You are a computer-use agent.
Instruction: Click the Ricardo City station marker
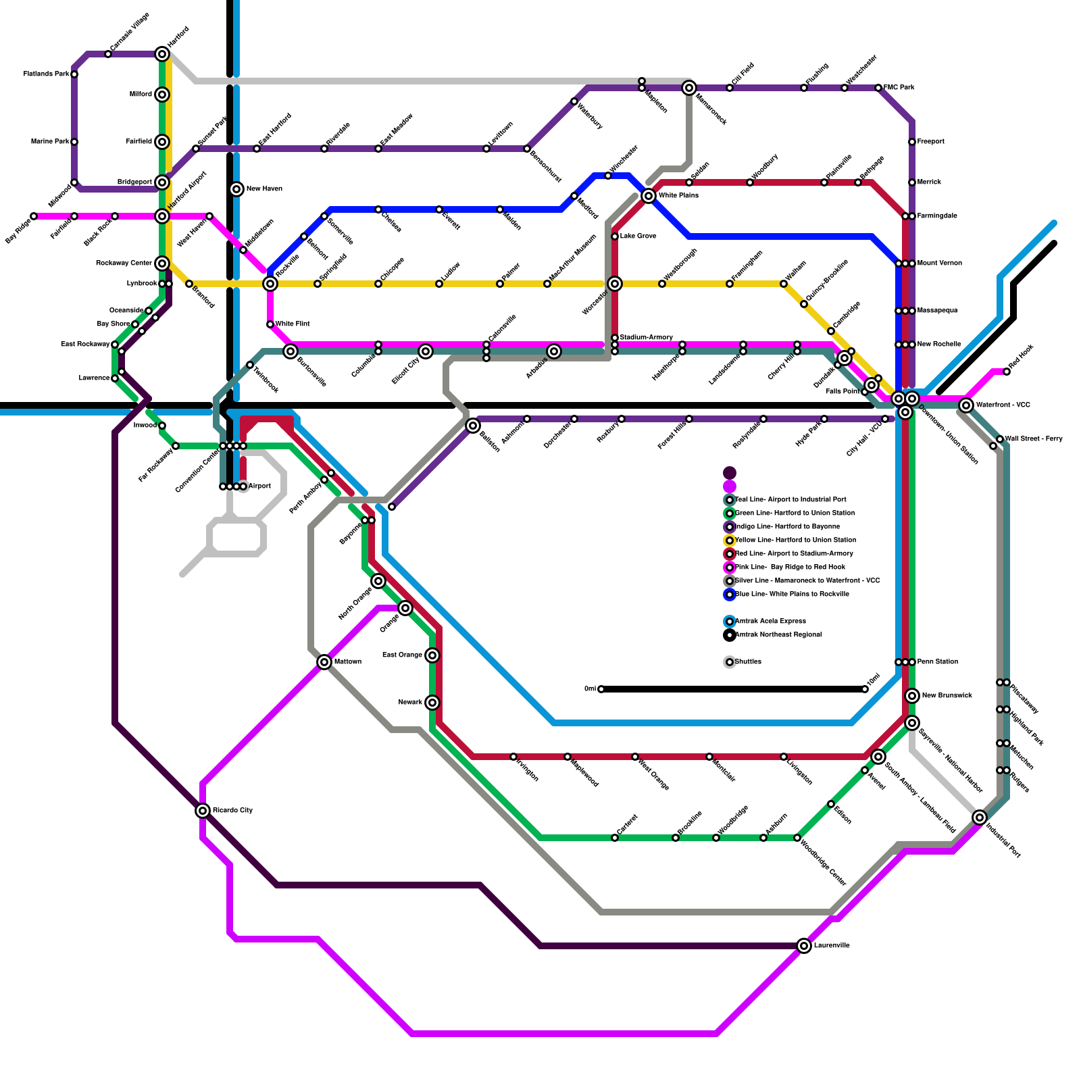pyautogui.click(x=203, y=810)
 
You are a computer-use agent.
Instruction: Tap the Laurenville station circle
pyautogui.click(x=804, y=946)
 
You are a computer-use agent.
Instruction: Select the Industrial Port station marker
pyautogui.click(x=980, y=818)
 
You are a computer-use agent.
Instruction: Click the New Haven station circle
pyautogui.click(x=236, y=189)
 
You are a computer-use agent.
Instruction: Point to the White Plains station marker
pyautogui.click(x=649, y=196)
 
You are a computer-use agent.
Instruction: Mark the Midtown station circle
pyautogui.click(x=324, y=662)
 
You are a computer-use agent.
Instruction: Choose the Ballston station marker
pyautogui.click(x=473, y=426)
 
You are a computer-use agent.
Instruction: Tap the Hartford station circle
pyautogui.click(x=162, y=54)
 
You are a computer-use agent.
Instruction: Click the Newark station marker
pyautogui.click(x=432, y=703)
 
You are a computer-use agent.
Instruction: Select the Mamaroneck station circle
pyautogui.click(x=689, y=88)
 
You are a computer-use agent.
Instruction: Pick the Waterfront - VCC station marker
pyautogui.click(x=966, y=405)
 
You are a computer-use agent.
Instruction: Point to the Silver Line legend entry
pyautogui.click(x=807, y=581)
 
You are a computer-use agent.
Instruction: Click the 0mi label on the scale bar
pyautogui.click(x=590, y=689)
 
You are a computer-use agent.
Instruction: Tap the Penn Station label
pyautogui.click(x=938, y=662)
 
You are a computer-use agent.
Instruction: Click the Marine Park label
pyautogui.click(x=50, y=142)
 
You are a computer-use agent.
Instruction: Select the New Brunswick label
pyautogui.click(x=947, y=696)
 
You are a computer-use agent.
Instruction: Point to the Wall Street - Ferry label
pyautogui.click(x=1034, y=439)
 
